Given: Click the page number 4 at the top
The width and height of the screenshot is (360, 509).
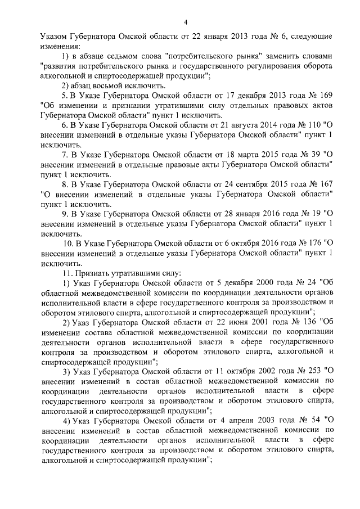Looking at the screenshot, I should pyautogui.click(x=185, y=22).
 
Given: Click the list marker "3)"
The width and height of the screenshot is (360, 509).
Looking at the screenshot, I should pyautogui.click(x=67, y=370).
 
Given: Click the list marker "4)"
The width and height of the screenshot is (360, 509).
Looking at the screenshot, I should pyautogui.click(x=67, y=420).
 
